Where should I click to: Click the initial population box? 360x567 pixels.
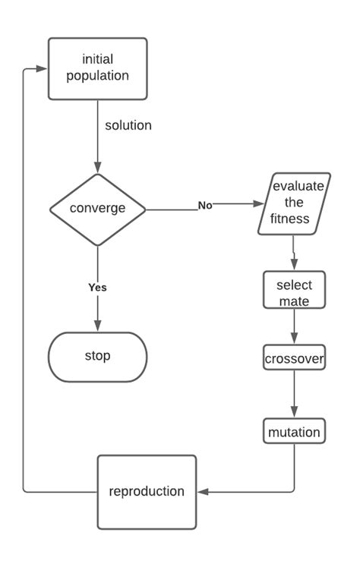point(97,68)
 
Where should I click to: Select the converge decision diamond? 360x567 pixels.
point(97,209)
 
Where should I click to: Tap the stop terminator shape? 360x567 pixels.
point(97,355)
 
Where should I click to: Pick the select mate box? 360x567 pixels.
point(294,291)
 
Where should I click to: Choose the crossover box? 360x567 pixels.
point(294,358)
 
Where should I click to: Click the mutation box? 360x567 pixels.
point(294,432)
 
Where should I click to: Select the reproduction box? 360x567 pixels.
point(147,491)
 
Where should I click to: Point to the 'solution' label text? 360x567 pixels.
point(128,125)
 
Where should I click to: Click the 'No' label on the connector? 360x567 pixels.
point(205,205)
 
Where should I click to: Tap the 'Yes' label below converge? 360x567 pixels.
point(97,288)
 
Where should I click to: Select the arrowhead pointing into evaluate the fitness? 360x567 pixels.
point(260,205)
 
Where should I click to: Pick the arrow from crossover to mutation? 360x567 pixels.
point(294,395)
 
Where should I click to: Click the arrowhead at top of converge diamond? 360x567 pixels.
point(97,168)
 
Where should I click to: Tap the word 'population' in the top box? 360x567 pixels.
point(97,76)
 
